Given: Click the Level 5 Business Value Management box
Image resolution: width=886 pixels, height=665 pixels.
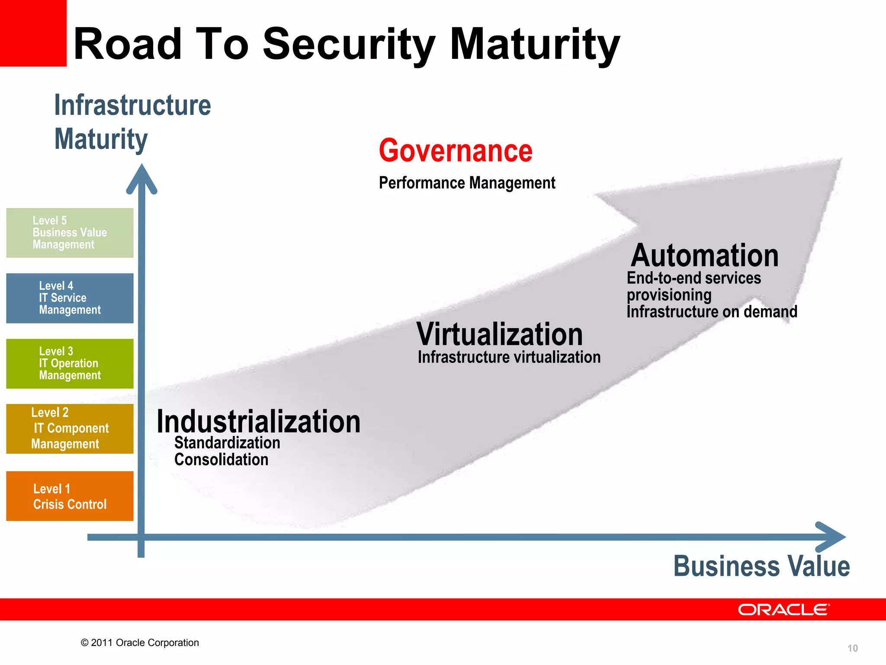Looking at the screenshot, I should [x=70, y=233].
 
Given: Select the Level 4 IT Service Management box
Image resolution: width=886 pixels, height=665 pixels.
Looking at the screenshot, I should [x=70, y=298].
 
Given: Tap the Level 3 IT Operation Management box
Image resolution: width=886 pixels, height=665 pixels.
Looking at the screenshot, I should [x=70, y=364].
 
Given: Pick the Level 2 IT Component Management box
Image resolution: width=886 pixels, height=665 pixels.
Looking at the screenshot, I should [x=70, y=429].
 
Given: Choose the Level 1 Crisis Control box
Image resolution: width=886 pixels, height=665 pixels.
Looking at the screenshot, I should [x=70, y=496].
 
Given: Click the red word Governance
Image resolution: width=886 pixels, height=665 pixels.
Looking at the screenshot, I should [x=456, y=151].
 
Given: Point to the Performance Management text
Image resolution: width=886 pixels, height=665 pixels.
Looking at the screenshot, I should [x=467, y=183].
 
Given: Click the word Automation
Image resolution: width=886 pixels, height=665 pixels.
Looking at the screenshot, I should [x=704, y=255].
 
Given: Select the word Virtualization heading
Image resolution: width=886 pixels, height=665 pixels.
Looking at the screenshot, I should [x=500, y=334].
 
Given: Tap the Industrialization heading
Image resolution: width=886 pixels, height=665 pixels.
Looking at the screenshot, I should [x=258, y=422].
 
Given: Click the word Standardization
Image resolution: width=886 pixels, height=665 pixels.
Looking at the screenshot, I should [x=227, y=443].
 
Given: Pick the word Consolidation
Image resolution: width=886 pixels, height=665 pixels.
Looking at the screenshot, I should [x=221, y=460].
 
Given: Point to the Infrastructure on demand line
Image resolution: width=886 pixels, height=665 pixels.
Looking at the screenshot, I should [x=712, y=312].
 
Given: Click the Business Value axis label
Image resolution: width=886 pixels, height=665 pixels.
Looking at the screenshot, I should [x=761, y=566].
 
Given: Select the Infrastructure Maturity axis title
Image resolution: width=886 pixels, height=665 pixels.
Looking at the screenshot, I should [x=132, y=122].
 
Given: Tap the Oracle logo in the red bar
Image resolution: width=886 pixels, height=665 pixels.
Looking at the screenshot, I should [x=783, y=610].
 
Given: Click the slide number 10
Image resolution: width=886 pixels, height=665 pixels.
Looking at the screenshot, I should [x=852, y=648].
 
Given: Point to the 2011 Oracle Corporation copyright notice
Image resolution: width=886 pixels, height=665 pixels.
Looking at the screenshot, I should [x=140, y=642].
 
